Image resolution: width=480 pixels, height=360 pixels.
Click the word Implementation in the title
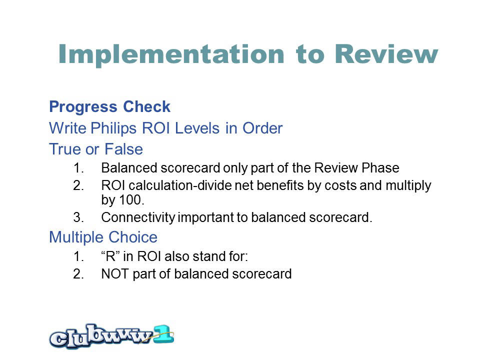click(x=171, y=54)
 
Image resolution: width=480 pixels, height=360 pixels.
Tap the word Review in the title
click(x=386, y=54)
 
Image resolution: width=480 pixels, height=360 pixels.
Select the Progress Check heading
click(x=109, y=107)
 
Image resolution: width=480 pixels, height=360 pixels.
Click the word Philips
click(x=113, y=128)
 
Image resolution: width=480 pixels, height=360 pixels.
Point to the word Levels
click(x=197, y=128)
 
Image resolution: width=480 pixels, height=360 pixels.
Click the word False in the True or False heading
click(x=123, y=149)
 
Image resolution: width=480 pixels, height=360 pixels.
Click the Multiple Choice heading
click(x=103, y=237)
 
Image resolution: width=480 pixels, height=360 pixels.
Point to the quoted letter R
click(x=110, y=256)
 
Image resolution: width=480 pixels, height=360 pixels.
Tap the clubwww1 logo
click(x=111, y=336)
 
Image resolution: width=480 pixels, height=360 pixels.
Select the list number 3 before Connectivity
click(x=78, y=217)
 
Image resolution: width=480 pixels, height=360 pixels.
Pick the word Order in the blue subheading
click(x=262, y=128)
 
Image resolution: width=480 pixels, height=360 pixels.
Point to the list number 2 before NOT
click(x=78, y=273)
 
